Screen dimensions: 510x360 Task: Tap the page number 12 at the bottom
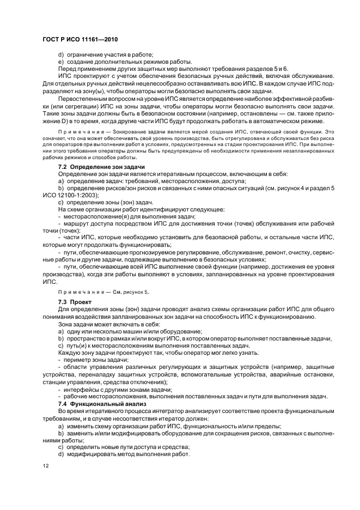coord(46,467)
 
